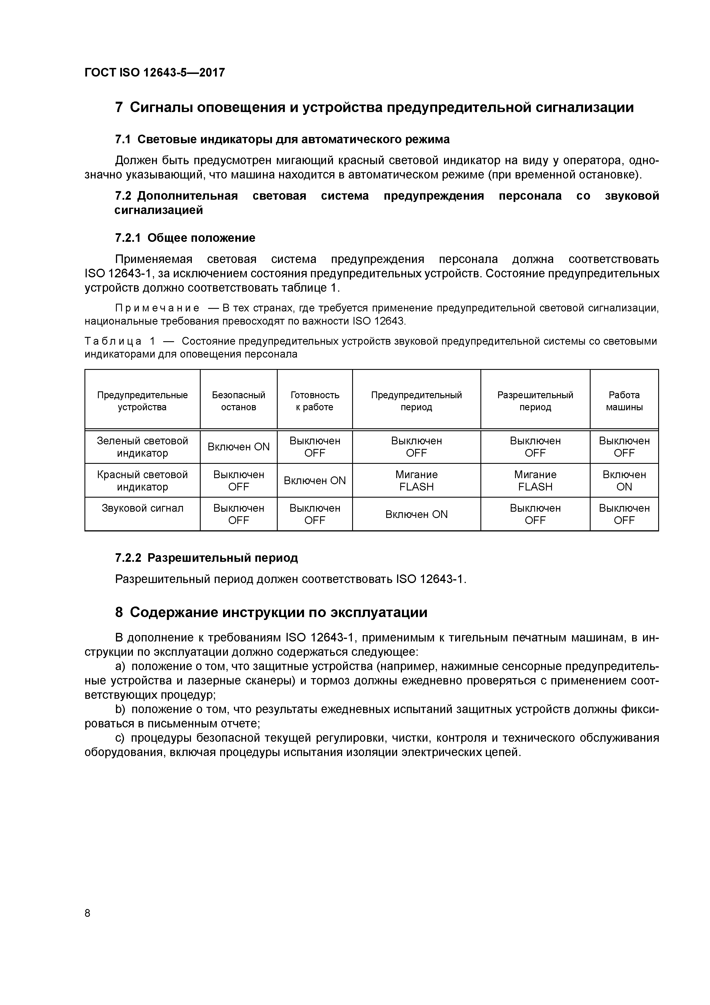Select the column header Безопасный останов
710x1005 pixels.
pos(238,401)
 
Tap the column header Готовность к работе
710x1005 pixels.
pos(315,401)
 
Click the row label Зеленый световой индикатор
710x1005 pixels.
pos(142,447)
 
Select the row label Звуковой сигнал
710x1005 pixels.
pos(142,508)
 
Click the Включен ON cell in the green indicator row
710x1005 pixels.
pos(238,447)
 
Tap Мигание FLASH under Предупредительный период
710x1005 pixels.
pos(416,481)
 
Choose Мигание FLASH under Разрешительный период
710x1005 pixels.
pos(535,481)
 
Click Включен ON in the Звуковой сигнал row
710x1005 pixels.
pos(416,514)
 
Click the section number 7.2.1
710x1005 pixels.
pos(128,238)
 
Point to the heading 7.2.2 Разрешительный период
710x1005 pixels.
pos(206,558)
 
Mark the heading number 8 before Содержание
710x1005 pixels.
pos(119,612)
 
